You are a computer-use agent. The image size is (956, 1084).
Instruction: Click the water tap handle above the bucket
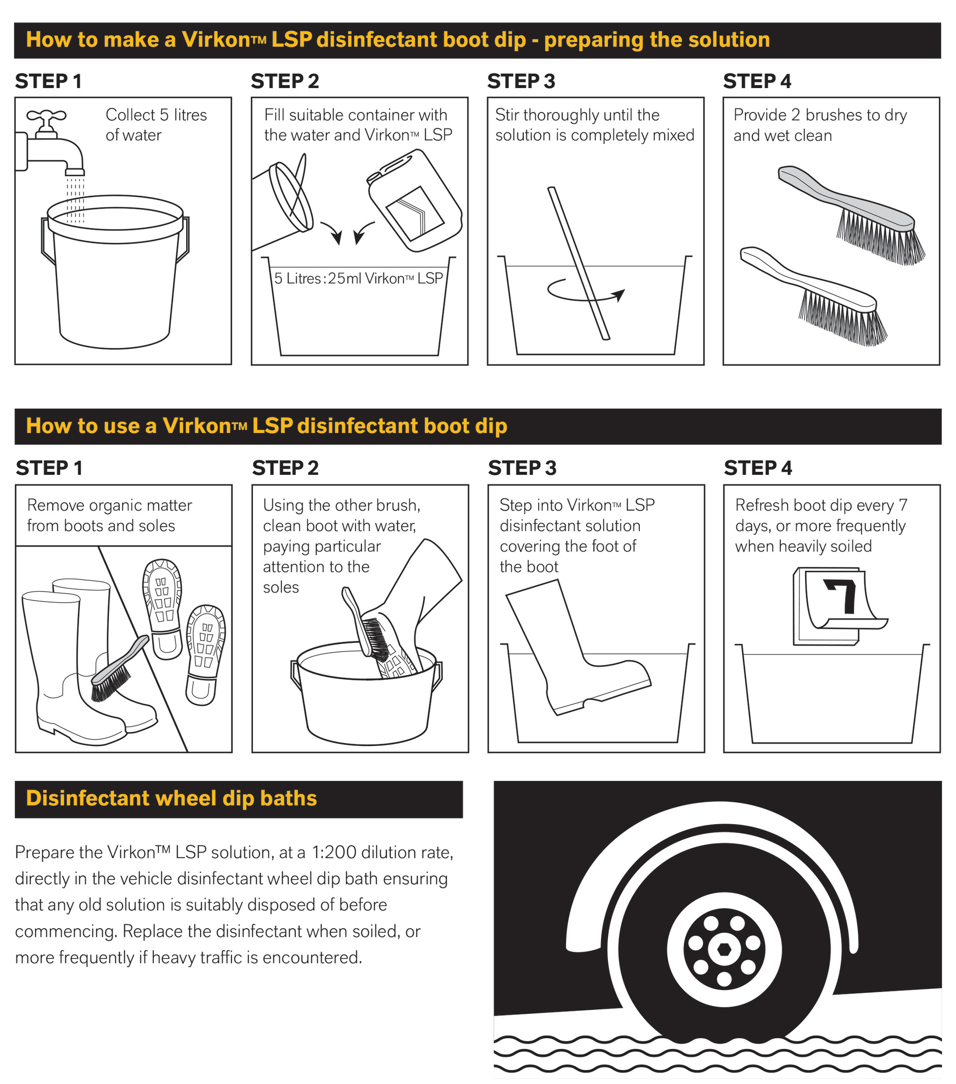click(46, 115)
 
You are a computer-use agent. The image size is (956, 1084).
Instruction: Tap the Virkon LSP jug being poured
click(414, 201)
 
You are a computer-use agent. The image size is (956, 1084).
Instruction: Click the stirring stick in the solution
click(578, 263)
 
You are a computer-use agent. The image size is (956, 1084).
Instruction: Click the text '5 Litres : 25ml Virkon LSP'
click(358, 278)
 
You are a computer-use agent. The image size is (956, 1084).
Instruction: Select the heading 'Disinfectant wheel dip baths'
click(171, 799)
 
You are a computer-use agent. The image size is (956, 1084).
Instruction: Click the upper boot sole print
click(162, 608)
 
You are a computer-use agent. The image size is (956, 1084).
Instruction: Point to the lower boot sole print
click(205, 654)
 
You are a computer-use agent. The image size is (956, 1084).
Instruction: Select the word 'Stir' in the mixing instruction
click(507, 115)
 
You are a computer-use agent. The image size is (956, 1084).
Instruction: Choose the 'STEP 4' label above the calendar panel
click(758, 468)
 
